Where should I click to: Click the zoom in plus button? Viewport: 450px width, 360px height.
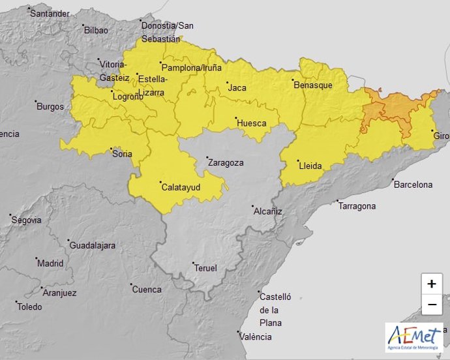click(x=431, y=284)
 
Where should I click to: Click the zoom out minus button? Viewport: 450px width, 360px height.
click(x=431, y=305)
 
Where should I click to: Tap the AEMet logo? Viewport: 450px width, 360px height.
click(x=414, y=338)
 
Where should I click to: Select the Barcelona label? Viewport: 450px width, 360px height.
click(x=413, y=185)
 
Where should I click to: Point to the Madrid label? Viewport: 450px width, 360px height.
click(x=50, y=263)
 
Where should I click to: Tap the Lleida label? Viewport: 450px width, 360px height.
click(x=310, y=166)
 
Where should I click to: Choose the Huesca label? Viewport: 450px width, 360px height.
click(x=251, y=123)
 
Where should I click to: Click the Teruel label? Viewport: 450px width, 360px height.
click(x=205, y=267)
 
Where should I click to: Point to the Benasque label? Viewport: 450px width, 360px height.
click(x=313, y=85)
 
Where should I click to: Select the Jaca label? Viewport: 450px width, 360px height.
click(x=237, y=87)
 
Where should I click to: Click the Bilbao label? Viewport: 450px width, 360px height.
click(x=96, y=30)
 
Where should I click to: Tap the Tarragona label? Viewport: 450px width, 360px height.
click(x=357, y=206)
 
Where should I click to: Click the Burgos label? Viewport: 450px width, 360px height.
click(x=50, y=106)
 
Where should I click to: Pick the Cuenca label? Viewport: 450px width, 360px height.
click(x=147, y=289)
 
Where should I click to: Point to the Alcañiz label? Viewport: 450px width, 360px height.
click(x=268, y=211)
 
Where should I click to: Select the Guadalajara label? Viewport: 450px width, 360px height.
click(x=92, y=245)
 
